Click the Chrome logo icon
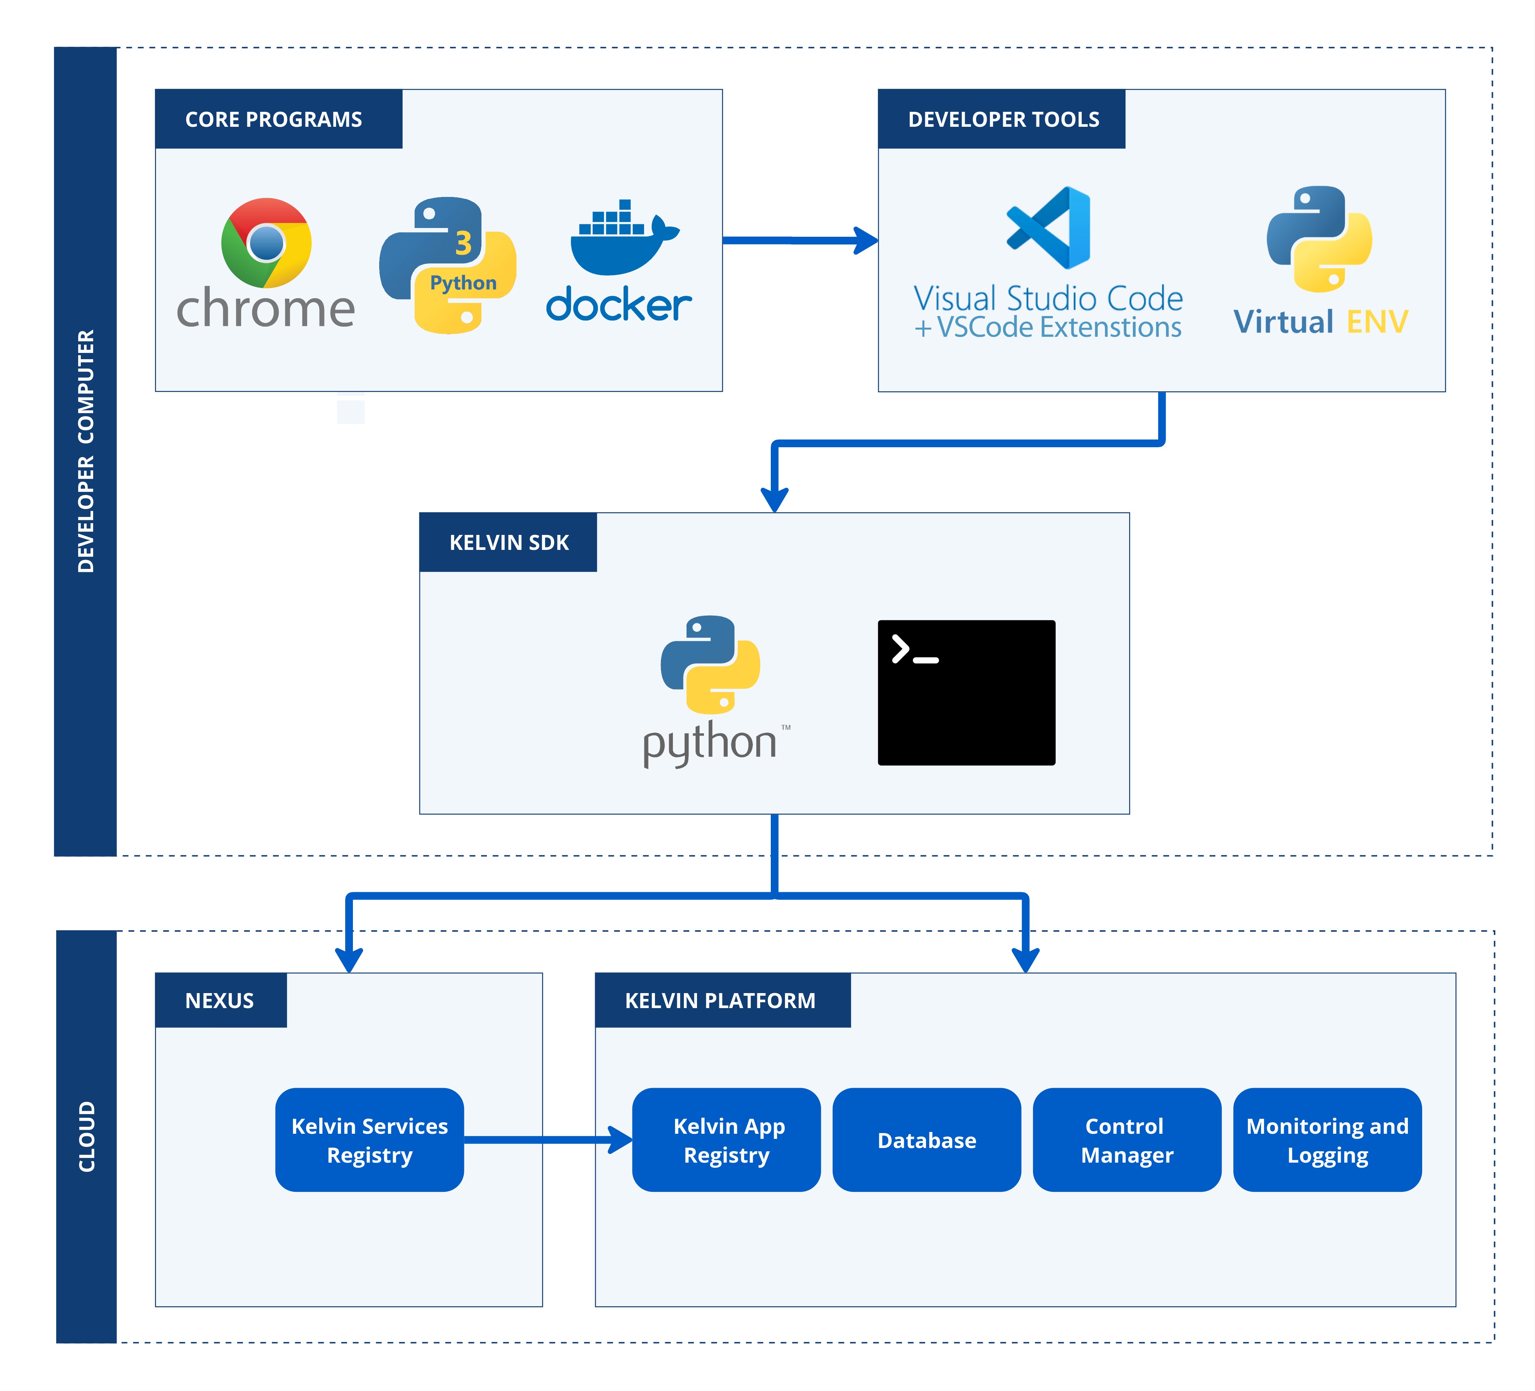click(x=266, y=243)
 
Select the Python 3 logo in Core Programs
click(x=448, y=265)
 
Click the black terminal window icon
click(x=966, y=692)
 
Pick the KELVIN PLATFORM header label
click(x=720, y=1000)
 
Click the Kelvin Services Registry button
click(x=369, y=1140)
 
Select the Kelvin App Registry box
click(x=726, y=1140)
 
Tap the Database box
click(x=927, y=1140)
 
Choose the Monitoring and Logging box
click(x=1327, y=1140)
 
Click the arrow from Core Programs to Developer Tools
click(x=800, y=240)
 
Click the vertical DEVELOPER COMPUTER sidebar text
click(x=85, y=451)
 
